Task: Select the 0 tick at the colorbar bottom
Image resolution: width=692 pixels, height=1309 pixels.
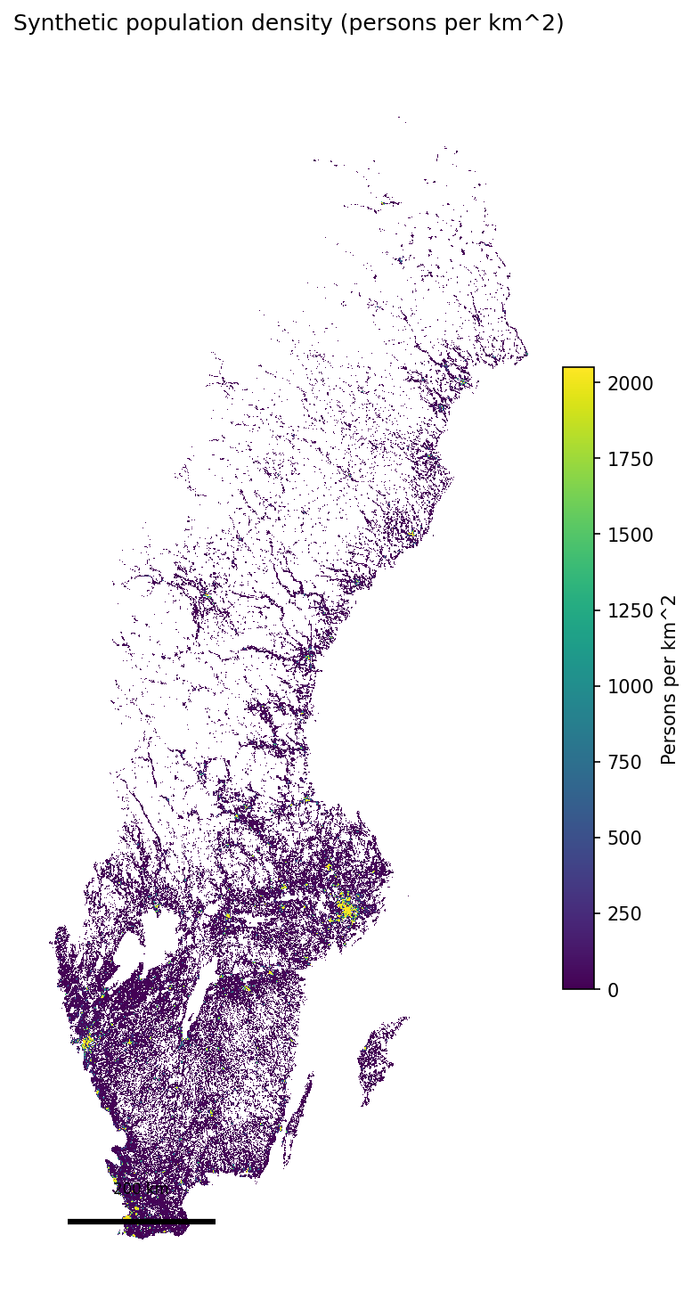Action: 613,989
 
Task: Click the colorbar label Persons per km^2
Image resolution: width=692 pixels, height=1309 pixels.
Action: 669,679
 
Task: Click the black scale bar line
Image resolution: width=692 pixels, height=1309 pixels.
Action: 141,1221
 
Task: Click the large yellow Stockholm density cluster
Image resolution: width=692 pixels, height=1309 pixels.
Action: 346,910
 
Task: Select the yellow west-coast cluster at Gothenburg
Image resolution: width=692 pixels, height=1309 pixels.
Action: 86,1041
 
